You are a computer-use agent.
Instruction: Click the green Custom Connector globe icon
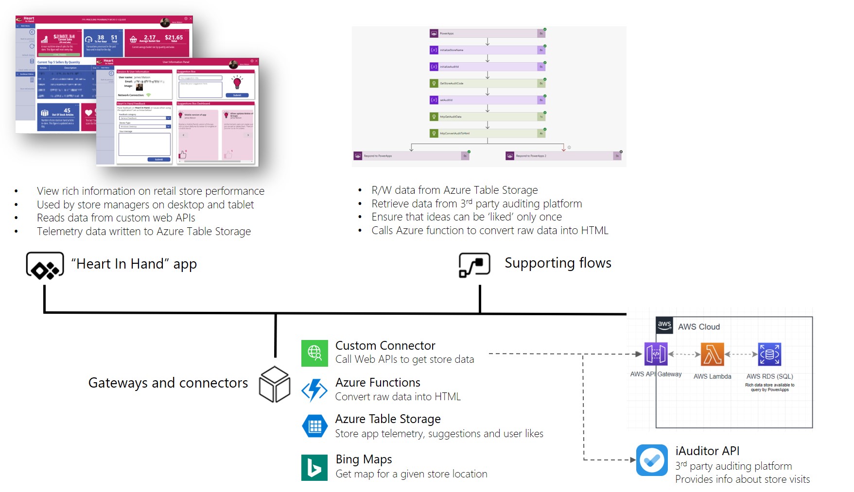(x=314, y=353)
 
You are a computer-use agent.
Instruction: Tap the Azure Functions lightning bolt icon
(x=314, y=390)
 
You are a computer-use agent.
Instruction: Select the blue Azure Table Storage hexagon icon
(x=314, y=426)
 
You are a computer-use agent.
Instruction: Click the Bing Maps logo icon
(x=314, y=467)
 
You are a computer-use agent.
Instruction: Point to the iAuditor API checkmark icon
(x=652, y=460)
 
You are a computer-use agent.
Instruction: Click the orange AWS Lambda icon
(x=712, y=354)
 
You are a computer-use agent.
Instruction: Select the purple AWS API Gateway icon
(x=656, y=354)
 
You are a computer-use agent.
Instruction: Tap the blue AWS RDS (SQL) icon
(x=769, y=354)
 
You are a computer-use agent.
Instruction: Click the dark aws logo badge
(x=664, y=325)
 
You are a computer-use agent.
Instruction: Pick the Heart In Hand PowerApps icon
(x=45, y=265)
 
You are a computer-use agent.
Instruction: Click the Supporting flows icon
(x=474, y=265)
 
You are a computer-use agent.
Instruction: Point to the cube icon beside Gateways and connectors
(x=275, y=384)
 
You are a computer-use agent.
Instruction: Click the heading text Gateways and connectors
(x=168, y=383)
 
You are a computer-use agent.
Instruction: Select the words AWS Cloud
(x=698, y=327)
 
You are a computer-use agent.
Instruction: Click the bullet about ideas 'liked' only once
(x=466, y=217)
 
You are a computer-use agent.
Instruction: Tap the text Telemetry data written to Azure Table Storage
(x=144, y=231)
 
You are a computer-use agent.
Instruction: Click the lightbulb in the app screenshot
(x=237, y=82)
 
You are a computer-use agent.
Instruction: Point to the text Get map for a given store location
(x=411, y=474)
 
